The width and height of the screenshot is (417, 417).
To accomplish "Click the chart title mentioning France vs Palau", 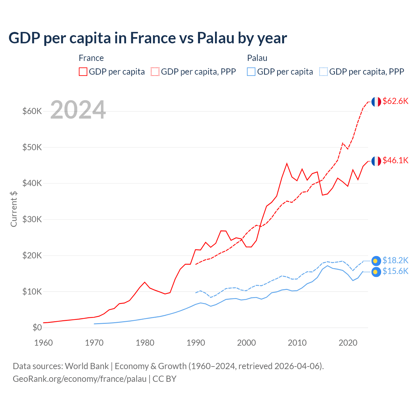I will point(148,38).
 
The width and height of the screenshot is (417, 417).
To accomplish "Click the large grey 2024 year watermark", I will point(78,110).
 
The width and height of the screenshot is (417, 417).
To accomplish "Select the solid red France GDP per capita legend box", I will point(83,72).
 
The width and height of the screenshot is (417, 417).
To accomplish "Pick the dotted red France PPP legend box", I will point(155,72).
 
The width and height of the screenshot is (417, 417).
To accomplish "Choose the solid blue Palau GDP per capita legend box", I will point(251,72).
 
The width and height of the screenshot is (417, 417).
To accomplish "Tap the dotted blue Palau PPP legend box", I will point(324,72).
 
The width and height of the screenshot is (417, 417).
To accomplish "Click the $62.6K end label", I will point(395,101).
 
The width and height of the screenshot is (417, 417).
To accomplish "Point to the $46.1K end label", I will point(395,160).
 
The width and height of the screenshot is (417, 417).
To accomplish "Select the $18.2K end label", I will point(395,260).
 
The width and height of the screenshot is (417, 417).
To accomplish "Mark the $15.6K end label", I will point(395,271).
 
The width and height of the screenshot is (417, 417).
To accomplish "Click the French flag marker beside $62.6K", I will point(376,102).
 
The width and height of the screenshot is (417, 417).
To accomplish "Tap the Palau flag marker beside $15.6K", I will point(376,272).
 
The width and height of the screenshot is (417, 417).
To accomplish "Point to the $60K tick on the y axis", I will point(32,111).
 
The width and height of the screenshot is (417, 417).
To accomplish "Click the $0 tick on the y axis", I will point(37,327).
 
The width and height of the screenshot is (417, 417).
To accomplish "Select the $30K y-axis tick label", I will point(32,219).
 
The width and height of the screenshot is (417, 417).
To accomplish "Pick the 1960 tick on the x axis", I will point(43,343).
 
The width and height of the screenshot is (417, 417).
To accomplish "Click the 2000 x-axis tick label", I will point(246,343).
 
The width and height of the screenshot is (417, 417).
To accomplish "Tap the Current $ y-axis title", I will point(14,209).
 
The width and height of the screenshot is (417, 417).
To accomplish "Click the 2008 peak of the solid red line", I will point(287,164).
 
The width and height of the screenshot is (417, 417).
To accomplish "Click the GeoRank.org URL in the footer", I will point(79,379).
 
